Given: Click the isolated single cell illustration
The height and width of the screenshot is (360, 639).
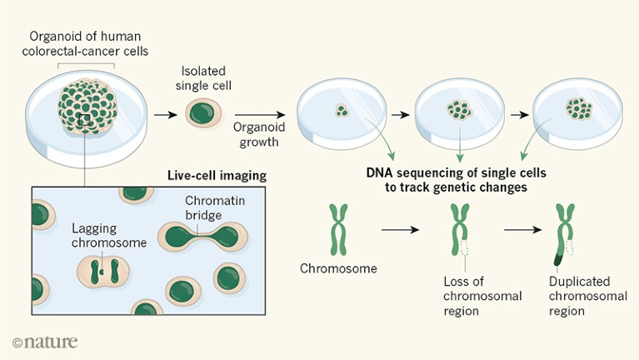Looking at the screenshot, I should pyautogui.click(x=201, y=114).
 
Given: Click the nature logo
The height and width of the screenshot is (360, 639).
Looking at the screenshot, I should pyautogui.click(x=45, y=341).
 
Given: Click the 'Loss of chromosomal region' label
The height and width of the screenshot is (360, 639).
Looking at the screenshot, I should pyautogui.click(x=472, y=297).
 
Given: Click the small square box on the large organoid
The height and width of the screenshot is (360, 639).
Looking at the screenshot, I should pyautogui.click(x=83, y=122).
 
